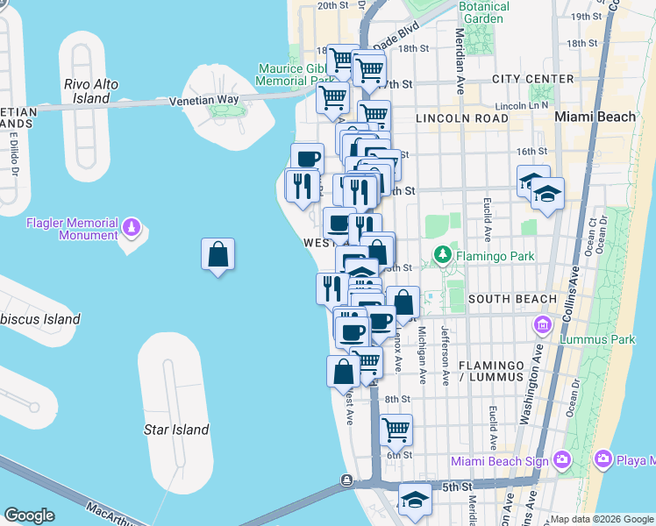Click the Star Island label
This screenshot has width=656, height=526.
tap(176, 430)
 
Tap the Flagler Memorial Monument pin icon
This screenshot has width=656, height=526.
tap(132, 227)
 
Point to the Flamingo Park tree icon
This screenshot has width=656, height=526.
tap(443, 256)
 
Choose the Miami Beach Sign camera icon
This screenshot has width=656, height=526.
tap(561, 458)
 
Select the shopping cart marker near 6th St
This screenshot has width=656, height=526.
tap(396, 430)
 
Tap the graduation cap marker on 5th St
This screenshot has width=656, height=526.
tap(415, 499)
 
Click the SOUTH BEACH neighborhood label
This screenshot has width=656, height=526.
tap(512, 299)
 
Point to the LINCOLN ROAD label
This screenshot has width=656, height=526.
tap(462, 117)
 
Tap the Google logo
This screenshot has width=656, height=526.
tap(29, 515)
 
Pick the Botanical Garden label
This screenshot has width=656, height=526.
tap(485, 12)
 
